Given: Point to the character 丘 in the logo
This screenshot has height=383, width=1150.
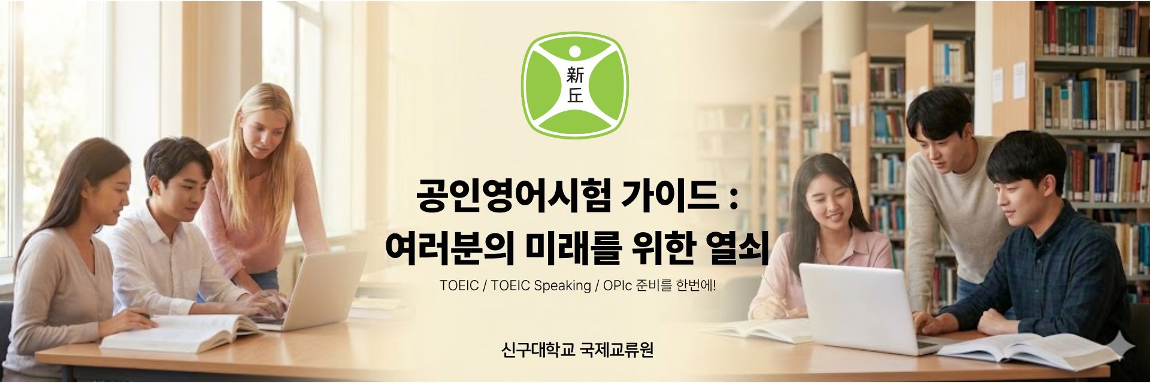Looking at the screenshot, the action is coord(574,96).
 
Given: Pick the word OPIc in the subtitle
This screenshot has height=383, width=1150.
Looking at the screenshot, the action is coord(618,285).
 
